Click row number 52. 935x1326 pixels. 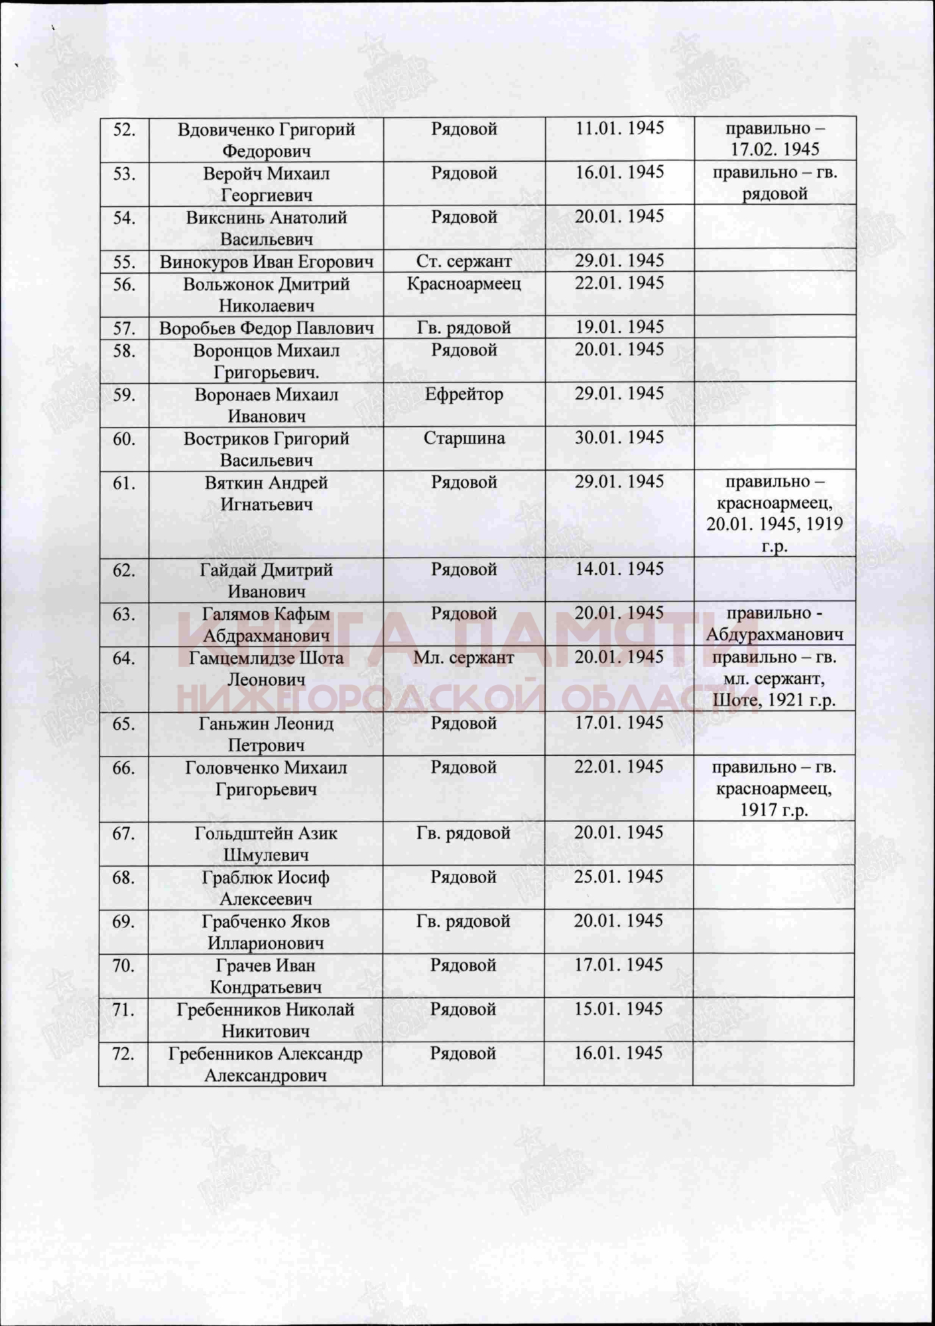[x=124, y=129]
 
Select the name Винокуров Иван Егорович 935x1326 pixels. [x=266, y=262]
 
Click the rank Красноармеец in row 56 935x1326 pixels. [x=464, y=284]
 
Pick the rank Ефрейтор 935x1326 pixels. [x=464, y=394]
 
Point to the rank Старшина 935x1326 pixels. [x=464, y=438]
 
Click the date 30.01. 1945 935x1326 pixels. [x=619, y=438]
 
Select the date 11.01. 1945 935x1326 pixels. [x=619, y=128]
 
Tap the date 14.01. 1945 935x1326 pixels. [x=619, y=569]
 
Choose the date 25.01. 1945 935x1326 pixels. [x=619, y=876]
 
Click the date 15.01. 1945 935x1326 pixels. [x=619, y=1009]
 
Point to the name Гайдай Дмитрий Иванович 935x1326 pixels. [x=266, y=581]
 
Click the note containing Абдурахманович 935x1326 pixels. [x=774, y=625]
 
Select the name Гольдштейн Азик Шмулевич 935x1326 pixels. [x=266, y=844]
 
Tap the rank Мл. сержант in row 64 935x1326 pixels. [x=464, y=658]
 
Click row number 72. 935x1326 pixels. [x=123, y=1054]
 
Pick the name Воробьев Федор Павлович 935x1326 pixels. [x=266, y=328]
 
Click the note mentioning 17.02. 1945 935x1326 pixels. [x=775, y=139]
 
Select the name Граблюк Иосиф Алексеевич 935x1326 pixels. [x=266, y=888]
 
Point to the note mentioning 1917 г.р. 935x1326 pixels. [x=774, y=789]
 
